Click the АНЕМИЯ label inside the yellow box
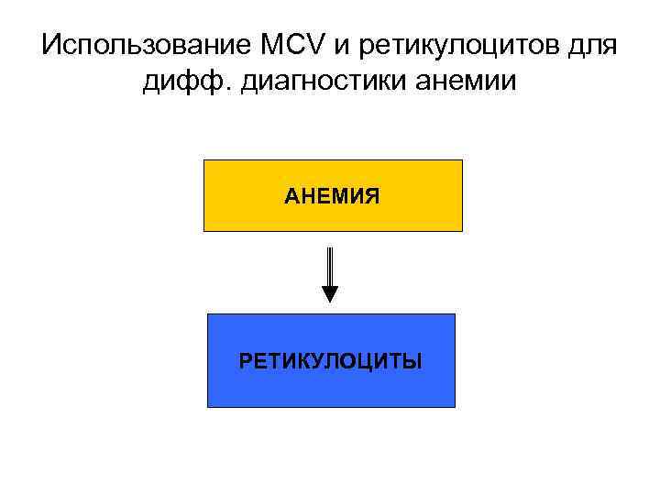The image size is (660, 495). pyautogui.click(x=332, y=196)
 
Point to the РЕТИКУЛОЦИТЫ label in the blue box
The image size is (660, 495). pyautogui.click(x=331, y=360)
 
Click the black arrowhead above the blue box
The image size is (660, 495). pyautogui.click(x=330, y=294)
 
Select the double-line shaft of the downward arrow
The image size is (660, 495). pyautogui.click(x=330, y=266)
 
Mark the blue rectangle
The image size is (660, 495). pyautogui.click(x=331, y=385)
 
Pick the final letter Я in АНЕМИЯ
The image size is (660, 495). pyautogui.click(x=373, y=196)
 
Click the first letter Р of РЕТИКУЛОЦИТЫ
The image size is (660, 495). pyautogui.click(x=245, y=360)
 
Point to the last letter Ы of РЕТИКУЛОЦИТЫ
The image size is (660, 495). pyautogui.click(x=414, y=360)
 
